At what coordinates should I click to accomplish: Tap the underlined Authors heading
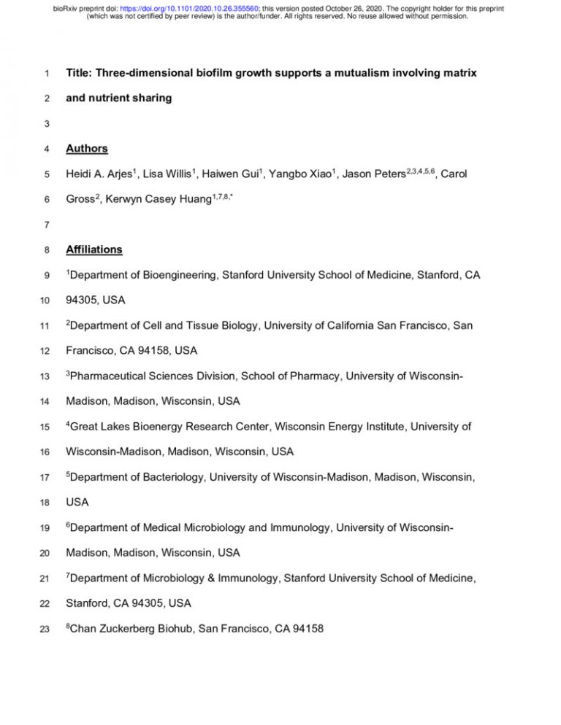click(x=87, y=149)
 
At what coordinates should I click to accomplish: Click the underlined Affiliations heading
click(x=94, y=249)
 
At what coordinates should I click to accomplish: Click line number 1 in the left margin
click(x=46, y=74)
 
